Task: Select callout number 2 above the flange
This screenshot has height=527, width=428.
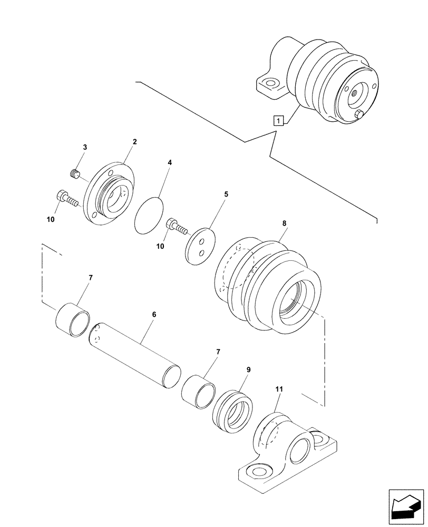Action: (x=135, y=142)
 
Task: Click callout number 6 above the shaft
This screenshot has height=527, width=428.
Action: (x=154, y=315)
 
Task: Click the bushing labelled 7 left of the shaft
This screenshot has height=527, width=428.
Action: (x=73, y=317)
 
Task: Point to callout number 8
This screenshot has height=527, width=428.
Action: (x=284, y=223)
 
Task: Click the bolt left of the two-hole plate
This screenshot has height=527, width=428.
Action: (x=176, y=227)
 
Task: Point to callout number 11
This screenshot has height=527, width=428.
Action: (x=279, y=389)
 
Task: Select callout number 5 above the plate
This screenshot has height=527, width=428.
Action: (x=226, y=194)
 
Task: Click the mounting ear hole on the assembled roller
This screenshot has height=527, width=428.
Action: (x=271, y=83)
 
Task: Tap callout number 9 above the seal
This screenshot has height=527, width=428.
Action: (x=249, y=370)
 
